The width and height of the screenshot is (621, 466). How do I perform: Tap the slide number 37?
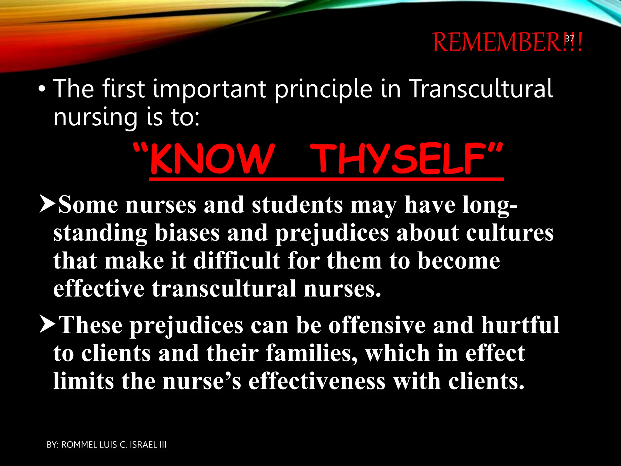point(570,39)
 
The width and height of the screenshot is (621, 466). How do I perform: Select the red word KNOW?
point(212,159)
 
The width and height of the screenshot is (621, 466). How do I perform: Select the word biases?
point(187,233)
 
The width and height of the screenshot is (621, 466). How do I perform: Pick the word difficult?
point(237,261)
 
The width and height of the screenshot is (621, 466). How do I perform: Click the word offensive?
point(377,325)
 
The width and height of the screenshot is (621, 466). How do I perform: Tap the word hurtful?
point(520,325)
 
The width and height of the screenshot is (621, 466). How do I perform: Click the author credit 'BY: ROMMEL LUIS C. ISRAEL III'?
point(106,445)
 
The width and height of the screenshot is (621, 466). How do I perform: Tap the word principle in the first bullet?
point(323,90)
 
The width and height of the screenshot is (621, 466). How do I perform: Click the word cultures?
point(509,233)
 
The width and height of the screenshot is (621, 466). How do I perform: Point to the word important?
point(209,90)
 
